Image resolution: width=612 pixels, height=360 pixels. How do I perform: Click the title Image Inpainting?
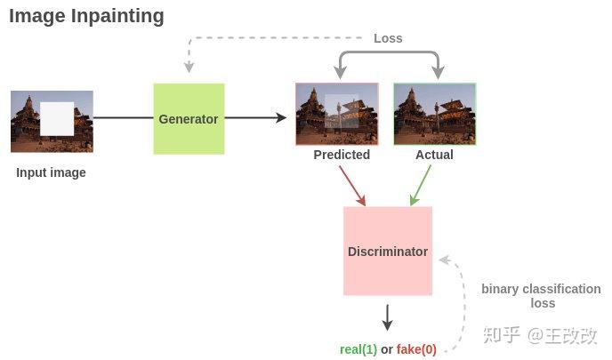coord(86,16)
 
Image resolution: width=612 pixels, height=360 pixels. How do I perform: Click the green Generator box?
coord(189,118)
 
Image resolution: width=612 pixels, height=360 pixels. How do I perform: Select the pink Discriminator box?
coord(388,252)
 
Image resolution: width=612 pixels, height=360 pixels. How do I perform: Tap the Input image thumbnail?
coord(52,121)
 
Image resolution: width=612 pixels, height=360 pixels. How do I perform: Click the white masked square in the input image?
coord(57,118)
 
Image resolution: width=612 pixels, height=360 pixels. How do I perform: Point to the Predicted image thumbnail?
coord(337,114)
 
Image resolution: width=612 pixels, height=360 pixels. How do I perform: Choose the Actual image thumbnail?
coord(435,114)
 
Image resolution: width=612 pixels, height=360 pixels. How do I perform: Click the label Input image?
coord(51,172)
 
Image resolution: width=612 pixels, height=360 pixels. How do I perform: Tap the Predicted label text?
coord(342,155)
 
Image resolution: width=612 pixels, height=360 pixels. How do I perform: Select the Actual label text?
coord(434,155)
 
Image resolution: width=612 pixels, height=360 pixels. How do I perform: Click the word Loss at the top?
coord(388,38)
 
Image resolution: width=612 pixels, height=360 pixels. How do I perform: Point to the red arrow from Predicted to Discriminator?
coord(352,185)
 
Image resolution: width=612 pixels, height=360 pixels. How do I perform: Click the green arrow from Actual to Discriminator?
coord(420,185)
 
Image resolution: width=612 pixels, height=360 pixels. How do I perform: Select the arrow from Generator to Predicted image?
coord(255,118)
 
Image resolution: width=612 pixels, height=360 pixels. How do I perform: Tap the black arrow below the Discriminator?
coord(387,317)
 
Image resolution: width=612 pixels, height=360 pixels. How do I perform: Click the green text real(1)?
coord(358,349)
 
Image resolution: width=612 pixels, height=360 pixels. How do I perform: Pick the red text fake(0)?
coord(416,349)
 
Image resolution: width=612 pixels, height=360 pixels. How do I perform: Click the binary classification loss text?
coord(541,296)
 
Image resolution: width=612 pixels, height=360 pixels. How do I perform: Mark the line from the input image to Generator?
coord(123,118)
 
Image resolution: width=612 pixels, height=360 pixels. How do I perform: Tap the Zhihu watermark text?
coord(539,335)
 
